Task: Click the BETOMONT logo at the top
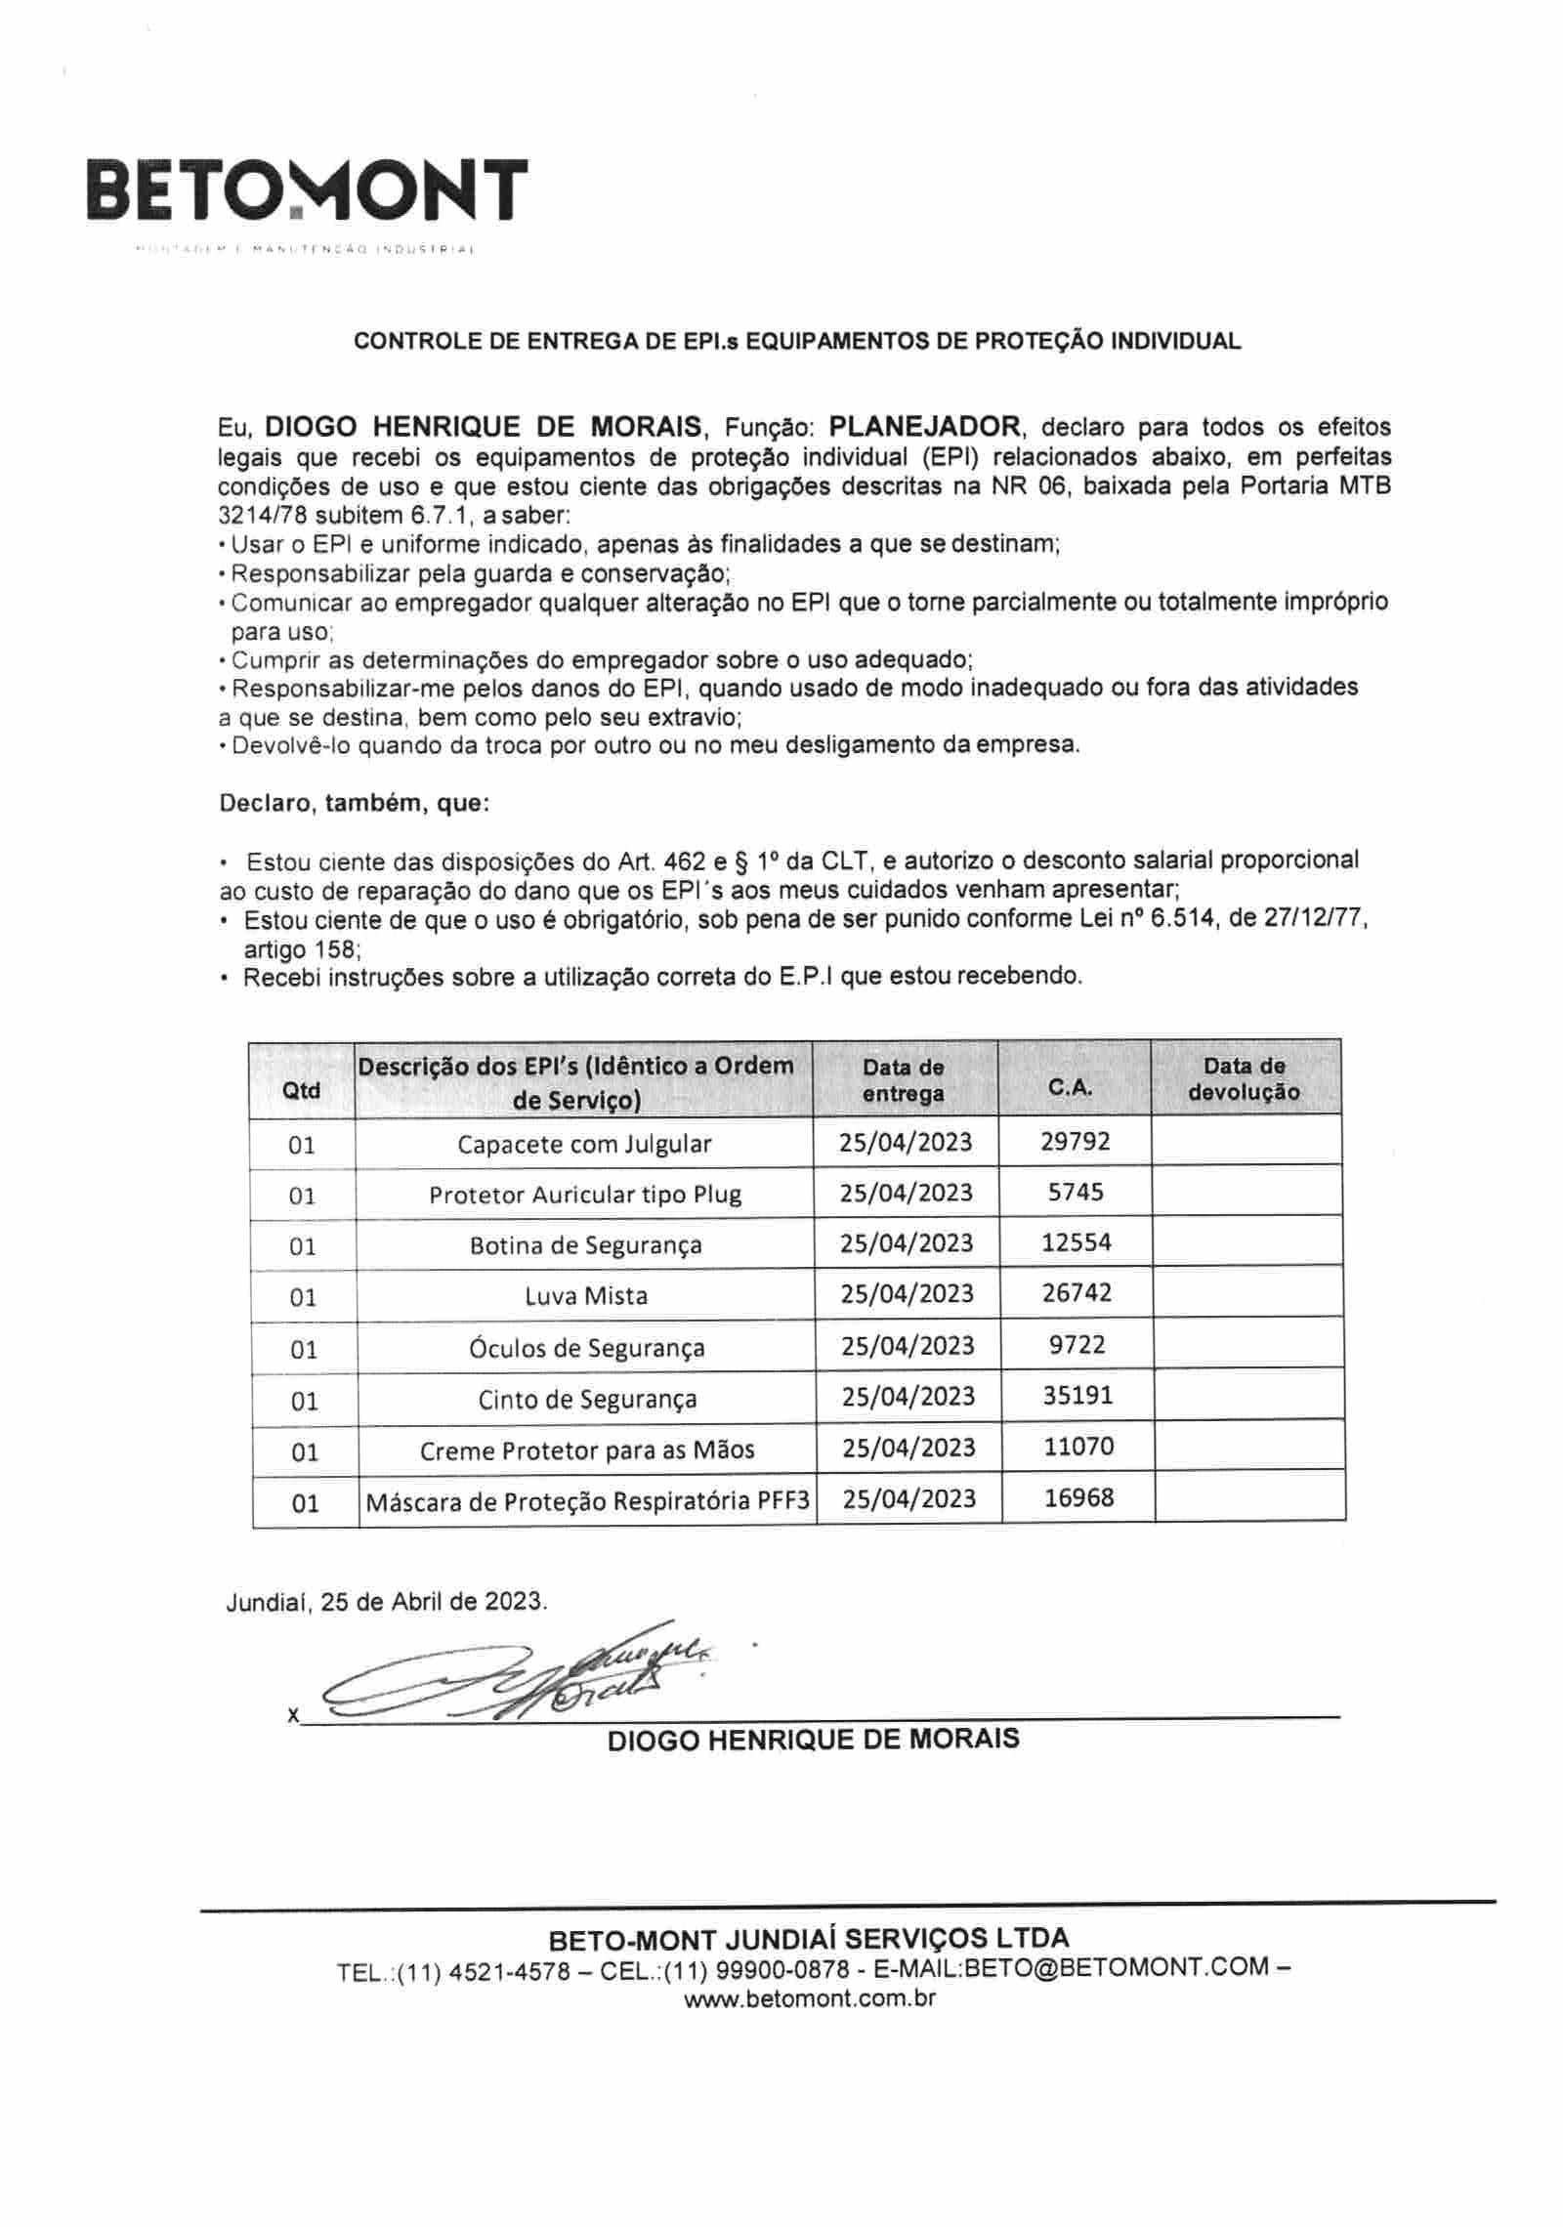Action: pyautogui.click(x=306, y=189)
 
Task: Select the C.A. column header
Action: pyautogui.click(x=1072, y=1088)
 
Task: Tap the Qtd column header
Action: pyautogui.click(x=301, y=1090)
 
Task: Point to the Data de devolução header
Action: pyautogui.click(x=1244, y=1079)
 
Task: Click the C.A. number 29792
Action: pyautogui.click(x=1075, y=1141)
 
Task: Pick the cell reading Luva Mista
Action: pyautogui.click(x=586, y=1296)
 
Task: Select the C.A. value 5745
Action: pyautogui.click(x=1075, y=1192)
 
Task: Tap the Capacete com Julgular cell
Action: pyautogui.click(x=584, y=1144)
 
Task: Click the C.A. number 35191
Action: pyautogui.click(x=1077, y=1395)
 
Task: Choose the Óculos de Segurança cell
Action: pyautogui.click(x=587, y=1348)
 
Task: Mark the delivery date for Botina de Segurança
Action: pyautogui.click(x=908, y=1243)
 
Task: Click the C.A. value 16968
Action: pyautogui.click(x=1078, y=1497)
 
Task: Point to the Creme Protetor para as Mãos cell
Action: pyautogui.click(x=587, y=1450)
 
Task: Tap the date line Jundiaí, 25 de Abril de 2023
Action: pyautogui.click(x=387, y=1602)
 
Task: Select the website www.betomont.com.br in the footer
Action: pyautogui.click(x=810, y=1998)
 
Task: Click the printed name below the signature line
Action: pyautogui.click(x=813, y=1740)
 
